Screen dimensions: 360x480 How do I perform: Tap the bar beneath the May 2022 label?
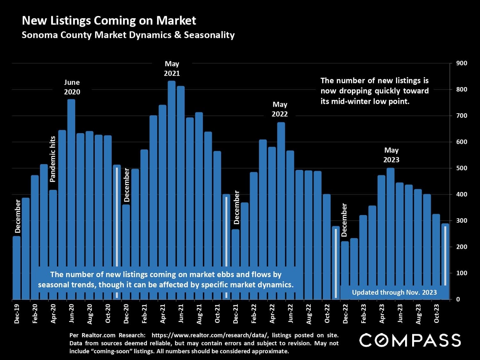pos(281,192)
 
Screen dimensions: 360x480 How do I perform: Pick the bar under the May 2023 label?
pos(390,224)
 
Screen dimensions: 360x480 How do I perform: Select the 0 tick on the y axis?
pos(458,300)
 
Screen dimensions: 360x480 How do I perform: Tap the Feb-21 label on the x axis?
pos(144,313)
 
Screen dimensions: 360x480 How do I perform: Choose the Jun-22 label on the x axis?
pos(290,313)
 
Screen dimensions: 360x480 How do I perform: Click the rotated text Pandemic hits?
pos(53,159)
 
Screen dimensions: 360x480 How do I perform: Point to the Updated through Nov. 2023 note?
pos(394,292)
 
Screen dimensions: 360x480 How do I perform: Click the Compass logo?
pos(410,340)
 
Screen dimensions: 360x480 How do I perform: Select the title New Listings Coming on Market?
pos(109,21)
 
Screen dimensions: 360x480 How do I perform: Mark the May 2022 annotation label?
pos(280,109)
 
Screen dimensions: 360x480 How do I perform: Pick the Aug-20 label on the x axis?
pos(90,313)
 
